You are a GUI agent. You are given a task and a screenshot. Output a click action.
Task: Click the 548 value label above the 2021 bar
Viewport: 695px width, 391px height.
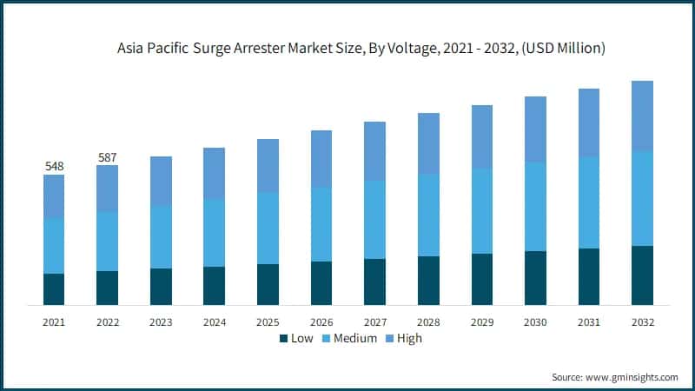click(54, 165)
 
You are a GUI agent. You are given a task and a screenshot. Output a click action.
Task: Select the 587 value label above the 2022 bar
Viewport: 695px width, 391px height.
click(108, 157)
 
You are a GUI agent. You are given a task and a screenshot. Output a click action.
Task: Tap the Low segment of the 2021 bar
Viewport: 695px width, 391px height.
click(54, 289)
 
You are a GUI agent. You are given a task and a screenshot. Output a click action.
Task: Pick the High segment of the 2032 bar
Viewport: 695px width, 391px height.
click(642, 116)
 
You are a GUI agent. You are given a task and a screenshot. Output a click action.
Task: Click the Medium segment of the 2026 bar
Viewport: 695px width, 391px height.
click(321, 224)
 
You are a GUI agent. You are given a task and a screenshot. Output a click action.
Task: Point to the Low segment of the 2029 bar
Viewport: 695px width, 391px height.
click(482, 279)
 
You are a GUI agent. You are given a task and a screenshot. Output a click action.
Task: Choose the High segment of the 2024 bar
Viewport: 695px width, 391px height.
click(215, 173)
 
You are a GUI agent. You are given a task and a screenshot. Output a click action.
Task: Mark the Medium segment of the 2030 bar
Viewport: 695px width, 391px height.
click(535, 207)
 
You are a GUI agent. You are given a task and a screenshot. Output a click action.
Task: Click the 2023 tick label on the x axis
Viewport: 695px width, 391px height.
click(161, 321)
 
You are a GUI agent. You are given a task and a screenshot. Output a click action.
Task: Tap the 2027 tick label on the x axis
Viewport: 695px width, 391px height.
click(374, 321)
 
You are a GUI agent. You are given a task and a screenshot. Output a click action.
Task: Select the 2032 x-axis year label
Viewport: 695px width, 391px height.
click(642, 321)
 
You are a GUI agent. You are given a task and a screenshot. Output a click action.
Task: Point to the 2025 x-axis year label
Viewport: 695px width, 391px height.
click(268, 321)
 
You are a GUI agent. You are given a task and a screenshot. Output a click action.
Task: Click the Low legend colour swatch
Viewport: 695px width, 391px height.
click(283, 338)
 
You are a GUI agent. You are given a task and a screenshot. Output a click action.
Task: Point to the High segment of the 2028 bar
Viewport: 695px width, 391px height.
click(428, 143)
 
